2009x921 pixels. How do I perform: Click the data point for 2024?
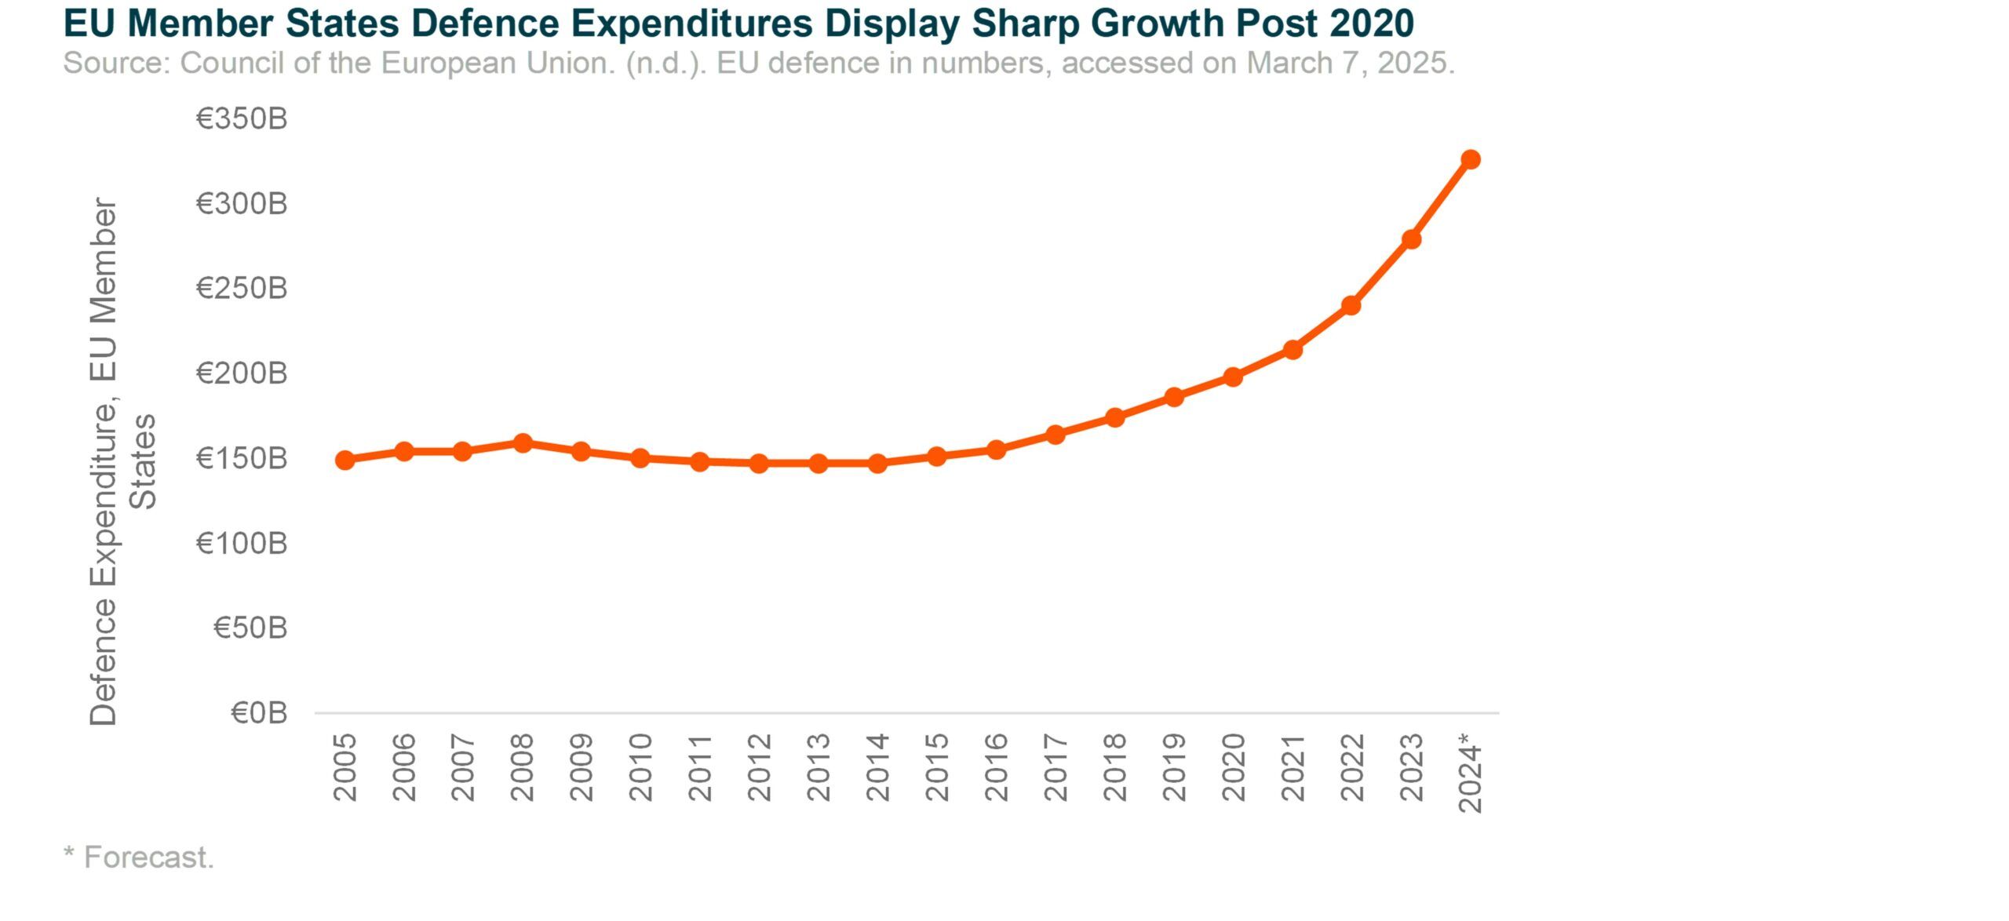coord(1470,159)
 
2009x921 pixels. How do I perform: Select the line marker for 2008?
coord(522,443)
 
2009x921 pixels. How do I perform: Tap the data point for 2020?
coord(1233,377)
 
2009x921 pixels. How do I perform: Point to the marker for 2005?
coord(345,460)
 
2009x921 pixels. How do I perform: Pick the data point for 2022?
coord(1351,305)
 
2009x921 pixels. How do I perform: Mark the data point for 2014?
coord(877,463)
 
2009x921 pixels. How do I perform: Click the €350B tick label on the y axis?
coord(242,118)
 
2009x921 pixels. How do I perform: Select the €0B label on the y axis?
coord(259,712)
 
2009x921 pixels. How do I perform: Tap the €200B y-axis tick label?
coord(242,373)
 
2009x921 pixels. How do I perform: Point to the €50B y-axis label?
coord(250,628)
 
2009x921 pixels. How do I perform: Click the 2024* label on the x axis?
coord(1470,774)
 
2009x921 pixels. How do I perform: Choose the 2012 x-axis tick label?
coord(759,767)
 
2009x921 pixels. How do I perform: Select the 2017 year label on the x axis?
coord(1056,767)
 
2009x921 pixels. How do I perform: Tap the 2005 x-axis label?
coord(345,767)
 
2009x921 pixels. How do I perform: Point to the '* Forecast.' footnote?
coord(139,857)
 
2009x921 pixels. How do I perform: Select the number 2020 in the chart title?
coord(1372,23)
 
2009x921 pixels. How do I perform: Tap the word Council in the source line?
coord(232,63)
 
